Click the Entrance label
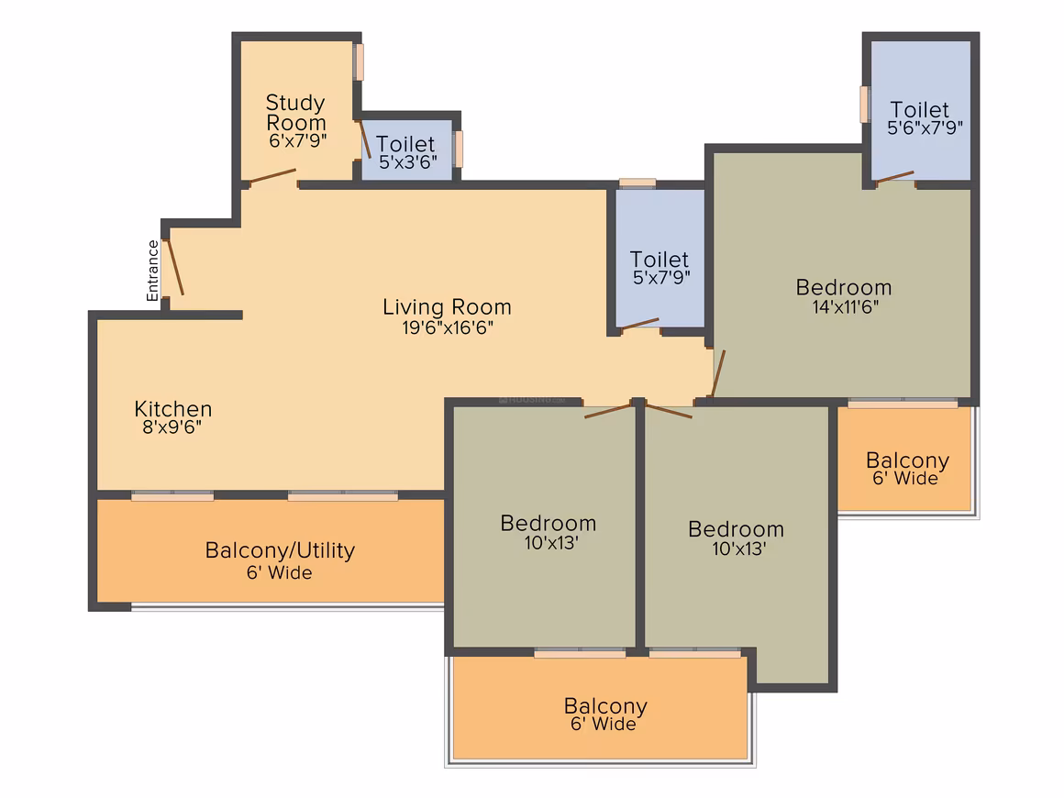coord(152,270)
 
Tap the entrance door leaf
coord(174,267)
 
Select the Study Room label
coord(296,113)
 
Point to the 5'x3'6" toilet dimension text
coord(408,162)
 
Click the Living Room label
coord(448,306)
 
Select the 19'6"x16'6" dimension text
coord(448,327)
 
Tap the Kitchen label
coord(173,408)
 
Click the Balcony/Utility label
coord(280,549)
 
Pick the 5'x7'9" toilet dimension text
coord(661,278)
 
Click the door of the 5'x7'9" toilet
coord(639,324)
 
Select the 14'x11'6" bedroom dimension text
coord(846,306)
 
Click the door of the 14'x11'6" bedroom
coord(718,373)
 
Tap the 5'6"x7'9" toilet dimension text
coord(925,127)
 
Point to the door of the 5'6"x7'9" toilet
coord(895,177)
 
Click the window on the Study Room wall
coord(359,62)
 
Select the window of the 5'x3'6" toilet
coord(459,149)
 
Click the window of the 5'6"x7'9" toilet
coord(864,105)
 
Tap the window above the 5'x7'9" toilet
coord(637,183)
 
